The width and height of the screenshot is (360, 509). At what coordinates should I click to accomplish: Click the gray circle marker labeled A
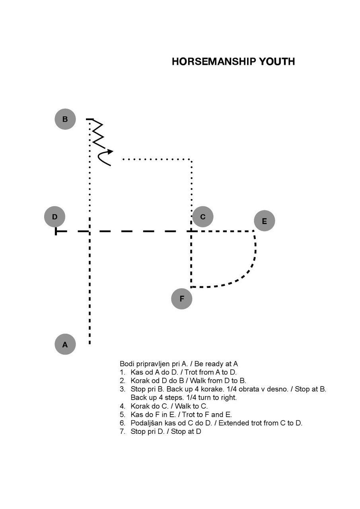tap(65, 344)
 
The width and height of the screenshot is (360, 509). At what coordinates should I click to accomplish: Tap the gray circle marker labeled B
tap(65, 119)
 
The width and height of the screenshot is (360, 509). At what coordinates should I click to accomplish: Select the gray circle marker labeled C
tap(203, 217)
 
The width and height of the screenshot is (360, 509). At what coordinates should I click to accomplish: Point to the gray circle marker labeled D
tap(54, 217)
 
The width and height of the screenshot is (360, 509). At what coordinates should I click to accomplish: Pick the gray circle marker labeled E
tap(264, 221)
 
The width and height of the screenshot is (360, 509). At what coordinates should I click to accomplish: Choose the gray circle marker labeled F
tap(181, 299)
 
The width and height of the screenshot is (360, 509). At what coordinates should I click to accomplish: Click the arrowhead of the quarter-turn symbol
tap(110, 152)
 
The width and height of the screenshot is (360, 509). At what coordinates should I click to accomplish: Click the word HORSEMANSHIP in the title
tap(214, 62)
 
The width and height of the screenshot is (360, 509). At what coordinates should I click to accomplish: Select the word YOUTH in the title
tap(277, 62)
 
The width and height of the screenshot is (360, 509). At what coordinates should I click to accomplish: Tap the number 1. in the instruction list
tap(123, 372)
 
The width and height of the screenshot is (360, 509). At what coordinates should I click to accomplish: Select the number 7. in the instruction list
tap(123, 431)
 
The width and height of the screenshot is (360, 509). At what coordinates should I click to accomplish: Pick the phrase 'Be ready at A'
tap(216, 364)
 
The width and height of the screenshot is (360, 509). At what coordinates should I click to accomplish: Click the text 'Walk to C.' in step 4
tap(191, 406)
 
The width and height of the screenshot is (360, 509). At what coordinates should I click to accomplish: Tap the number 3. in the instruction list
tap(123, 389)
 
